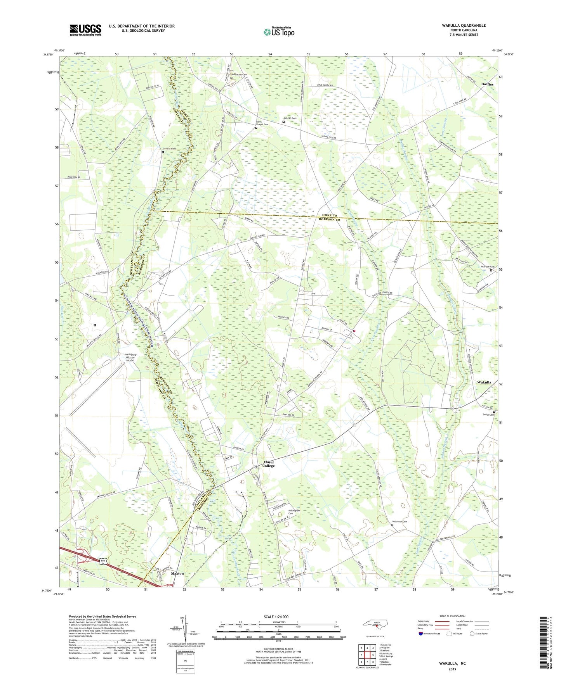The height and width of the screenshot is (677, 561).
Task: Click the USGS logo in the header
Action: [85, 30]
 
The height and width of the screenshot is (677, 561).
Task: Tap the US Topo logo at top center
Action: [279, 32]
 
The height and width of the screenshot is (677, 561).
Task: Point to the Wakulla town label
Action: [484, 382]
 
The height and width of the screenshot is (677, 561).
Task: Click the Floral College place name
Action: [268, 464]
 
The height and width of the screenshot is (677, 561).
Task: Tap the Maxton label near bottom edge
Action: [177, 573]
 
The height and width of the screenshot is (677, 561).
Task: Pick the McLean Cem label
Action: [289, 118]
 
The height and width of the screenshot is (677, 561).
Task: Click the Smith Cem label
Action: [488, 415]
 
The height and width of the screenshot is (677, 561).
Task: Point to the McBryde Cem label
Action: [488, 267]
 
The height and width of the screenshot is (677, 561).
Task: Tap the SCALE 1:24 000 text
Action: [276, 617]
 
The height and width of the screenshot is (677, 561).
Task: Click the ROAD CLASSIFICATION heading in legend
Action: [452, 616]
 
